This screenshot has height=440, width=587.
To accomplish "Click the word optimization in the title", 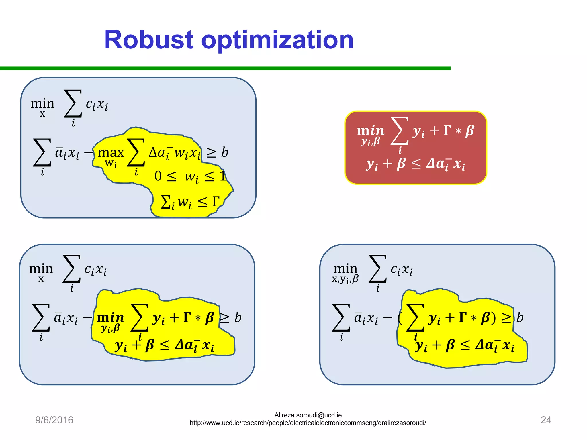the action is (x=277, y=40).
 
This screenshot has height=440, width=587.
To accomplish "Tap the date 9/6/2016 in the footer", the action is (x=54, y=420).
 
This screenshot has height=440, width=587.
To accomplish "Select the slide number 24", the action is (x=546, y=420).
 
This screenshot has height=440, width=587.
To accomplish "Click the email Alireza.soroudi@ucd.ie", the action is (x=308, y=415).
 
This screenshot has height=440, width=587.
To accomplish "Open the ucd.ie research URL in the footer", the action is (x=308, y=423).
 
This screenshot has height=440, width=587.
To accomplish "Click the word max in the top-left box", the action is (x=111, y=152).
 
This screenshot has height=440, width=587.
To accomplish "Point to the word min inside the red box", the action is (x=370, y=131).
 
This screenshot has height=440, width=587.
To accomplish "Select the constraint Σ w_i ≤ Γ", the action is (x=190, y=202).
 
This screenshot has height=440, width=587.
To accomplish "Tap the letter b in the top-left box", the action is (x=224, y=152).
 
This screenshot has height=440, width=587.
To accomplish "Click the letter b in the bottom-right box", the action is (x=520, y=318).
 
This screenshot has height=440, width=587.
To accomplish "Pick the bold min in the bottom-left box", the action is (x=110, y=318).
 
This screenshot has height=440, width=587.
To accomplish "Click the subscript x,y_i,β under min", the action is (x=345, y=279).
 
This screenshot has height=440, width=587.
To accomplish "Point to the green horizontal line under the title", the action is (x=225, y=68).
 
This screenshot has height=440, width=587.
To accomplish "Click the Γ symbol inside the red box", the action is (x=447, y=131).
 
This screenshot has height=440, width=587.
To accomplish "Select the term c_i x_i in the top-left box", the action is (x=97, y=104).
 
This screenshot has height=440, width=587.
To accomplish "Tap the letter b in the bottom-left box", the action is (x=238, y=317).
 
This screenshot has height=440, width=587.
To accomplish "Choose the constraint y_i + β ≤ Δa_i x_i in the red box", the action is (x=415, y=164).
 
